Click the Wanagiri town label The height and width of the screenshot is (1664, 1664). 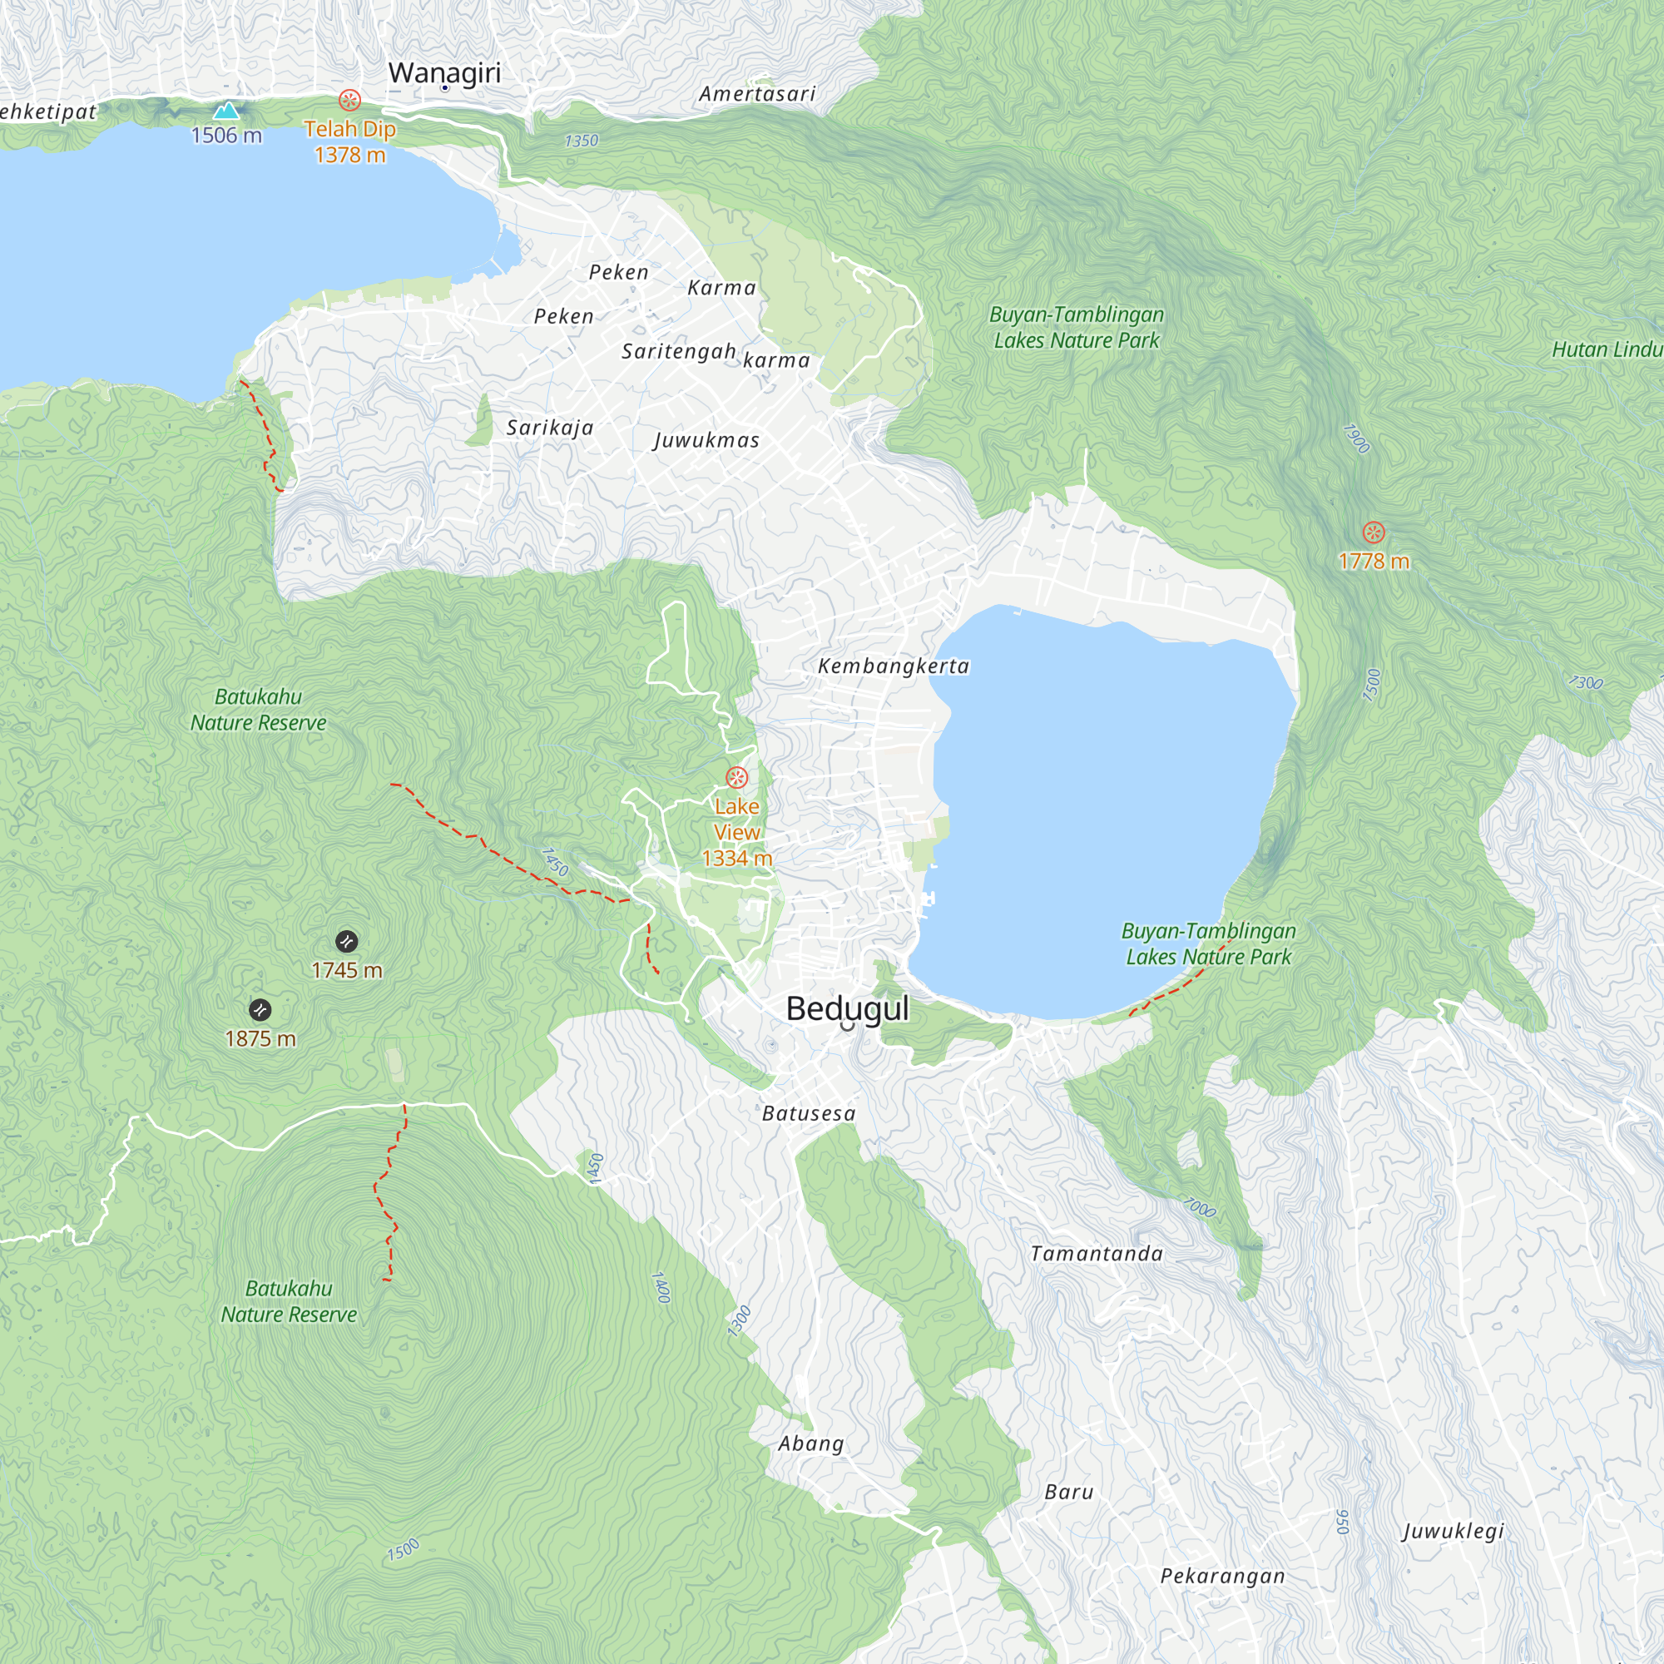click(x=443, y=72)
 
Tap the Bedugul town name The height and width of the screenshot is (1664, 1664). click(x=847, y=1008)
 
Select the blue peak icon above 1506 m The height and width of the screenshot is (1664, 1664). click(x=226, y=111)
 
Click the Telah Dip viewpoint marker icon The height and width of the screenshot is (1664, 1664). click(x=349, y=100)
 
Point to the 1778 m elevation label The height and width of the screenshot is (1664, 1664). click(x=1374, y=562)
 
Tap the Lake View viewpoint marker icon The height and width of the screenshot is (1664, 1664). click(x=736, y=778)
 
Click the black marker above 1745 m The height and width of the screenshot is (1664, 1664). click(x=346, y=940)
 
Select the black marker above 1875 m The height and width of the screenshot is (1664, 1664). click(x=260, y=1009)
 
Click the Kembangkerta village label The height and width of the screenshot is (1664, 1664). click(x=893, y=666)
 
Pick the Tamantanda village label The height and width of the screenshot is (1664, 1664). click(x=1097, y=1254)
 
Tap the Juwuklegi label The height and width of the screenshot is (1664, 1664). click(x=1453, y=1531)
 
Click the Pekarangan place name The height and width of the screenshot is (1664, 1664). click(x=1222, y=1576)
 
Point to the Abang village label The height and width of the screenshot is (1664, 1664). click(x=810, y=1444)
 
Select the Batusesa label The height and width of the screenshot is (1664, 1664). click(x=809, y=1114)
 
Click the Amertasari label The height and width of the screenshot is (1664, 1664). click(x=757, y=94)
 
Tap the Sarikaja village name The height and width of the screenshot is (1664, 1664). click(x=549, y=428)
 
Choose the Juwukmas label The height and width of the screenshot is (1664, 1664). click(x=706, y=440)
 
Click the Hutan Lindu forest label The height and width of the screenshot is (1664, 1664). click(x=1607, y=349)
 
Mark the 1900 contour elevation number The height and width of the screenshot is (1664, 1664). click(x=1355, y=438)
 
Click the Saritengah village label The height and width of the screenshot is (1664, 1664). click(x=679, y=351)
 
